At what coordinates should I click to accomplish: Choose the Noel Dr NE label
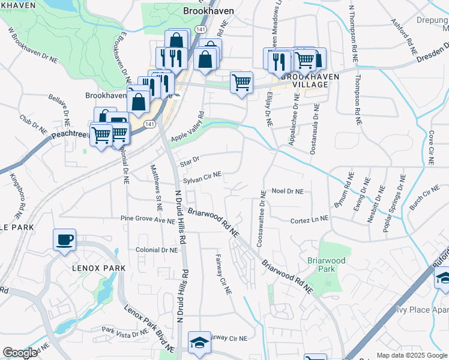(x=288, y=191)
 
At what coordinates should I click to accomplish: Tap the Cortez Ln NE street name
(x=309, y=220)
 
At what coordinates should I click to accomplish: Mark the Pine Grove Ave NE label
(x=147, y=220)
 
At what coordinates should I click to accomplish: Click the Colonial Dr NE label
(x=157, y=250)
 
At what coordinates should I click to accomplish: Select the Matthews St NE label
(x=155, y=188)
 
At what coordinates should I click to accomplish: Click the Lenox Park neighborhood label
(x=99, y=268)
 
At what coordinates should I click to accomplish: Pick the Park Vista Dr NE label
(x=124, y=331)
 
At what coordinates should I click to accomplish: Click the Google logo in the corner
(x=20, y=353)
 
